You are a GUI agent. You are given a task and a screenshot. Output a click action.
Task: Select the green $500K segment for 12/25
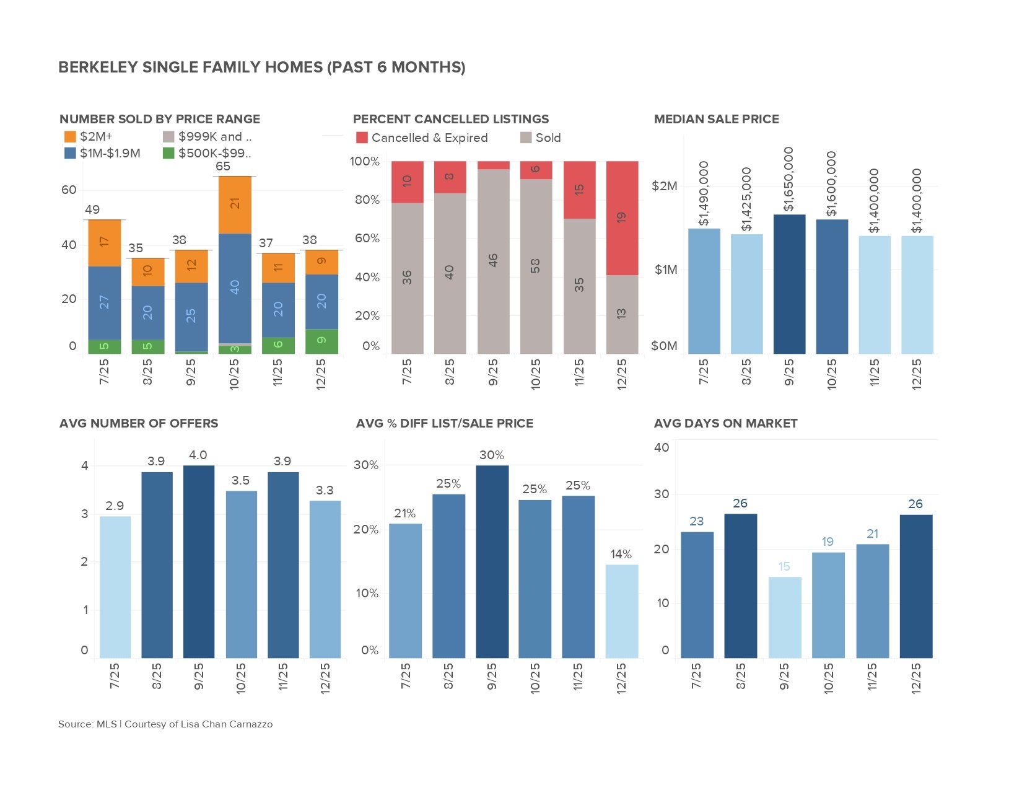[321, 341]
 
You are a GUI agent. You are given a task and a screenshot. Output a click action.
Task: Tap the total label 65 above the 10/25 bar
[223, 167]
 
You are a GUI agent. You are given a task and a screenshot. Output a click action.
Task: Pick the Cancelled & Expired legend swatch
[362, 138]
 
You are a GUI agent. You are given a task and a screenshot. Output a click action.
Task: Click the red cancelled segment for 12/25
[622, 218]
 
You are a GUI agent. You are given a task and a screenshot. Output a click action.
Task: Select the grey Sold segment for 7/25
[407, 278]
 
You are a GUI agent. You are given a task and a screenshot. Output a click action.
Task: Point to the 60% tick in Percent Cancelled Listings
[367, 239]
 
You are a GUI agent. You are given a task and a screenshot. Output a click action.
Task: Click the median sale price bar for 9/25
[789, 284]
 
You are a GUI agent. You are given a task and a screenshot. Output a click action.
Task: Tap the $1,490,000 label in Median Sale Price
[704, 194]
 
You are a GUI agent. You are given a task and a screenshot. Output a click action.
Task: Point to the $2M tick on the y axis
[665, 186]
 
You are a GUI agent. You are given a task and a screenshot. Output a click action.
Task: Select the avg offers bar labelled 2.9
[115, 587]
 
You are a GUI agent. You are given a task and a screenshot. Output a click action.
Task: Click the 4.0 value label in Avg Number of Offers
[198, 455]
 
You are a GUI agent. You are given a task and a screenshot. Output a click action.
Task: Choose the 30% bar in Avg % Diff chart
[492, 561]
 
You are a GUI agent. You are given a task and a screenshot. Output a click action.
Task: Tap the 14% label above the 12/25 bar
[621, 555]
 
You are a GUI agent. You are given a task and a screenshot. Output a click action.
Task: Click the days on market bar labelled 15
[785, 617]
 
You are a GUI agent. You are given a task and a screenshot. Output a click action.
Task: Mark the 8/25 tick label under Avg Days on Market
[740, 676]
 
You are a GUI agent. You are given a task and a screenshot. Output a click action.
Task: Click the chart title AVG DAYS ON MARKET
[725, 424]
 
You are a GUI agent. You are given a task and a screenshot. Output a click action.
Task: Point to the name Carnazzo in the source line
[251, 724]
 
